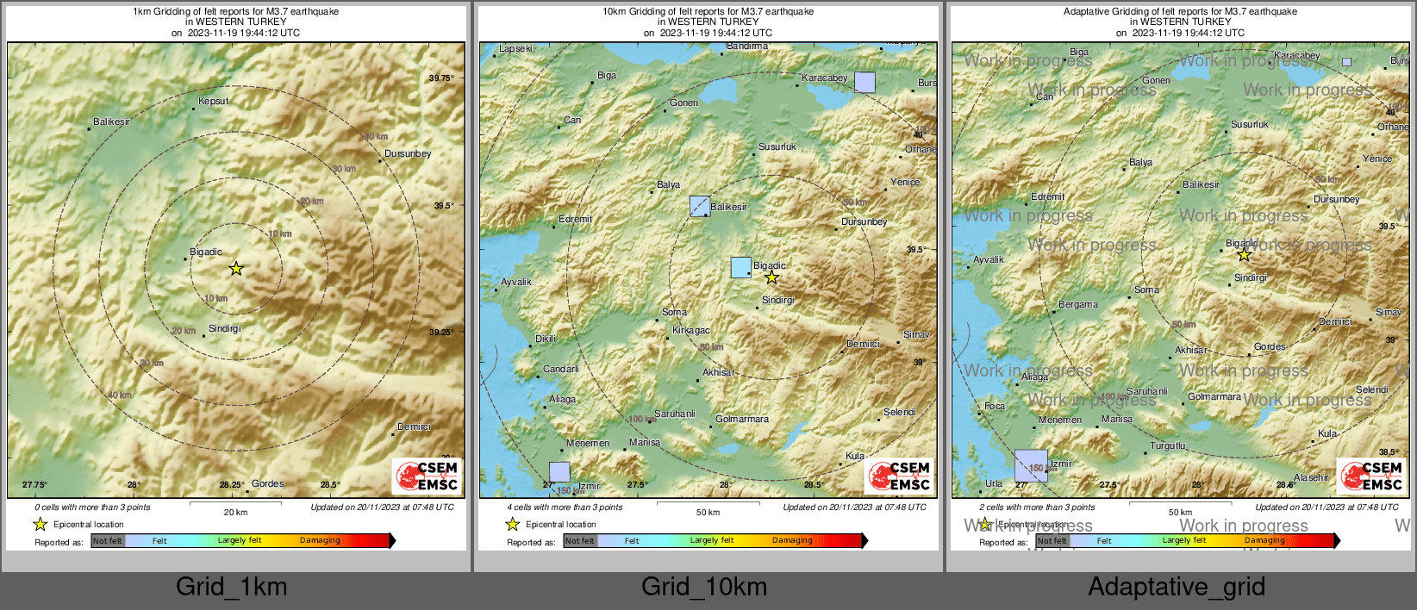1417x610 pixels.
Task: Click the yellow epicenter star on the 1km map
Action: coord(236,269)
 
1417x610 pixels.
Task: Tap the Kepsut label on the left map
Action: coord(213,101)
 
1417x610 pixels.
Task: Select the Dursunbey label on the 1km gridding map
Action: coord(408,153)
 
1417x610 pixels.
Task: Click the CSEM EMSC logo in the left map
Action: coord(428,476)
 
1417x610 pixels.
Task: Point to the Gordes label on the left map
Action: coord(267,483)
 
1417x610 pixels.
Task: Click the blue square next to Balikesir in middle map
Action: coord(700,206)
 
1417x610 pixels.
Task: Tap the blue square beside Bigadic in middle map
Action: coord(740,267)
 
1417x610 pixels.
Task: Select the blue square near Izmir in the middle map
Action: coord(559,472)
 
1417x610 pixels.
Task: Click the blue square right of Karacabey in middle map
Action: coord(865,83)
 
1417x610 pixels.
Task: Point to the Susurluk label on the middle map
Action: coord(777,146)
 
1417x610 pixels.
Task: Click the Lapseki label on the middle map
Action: coord(515,48)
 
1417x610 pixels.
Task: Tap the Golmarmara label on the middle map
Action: coord(742,419)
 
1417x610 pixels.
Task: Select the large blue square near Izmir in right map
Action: coord(1031,465)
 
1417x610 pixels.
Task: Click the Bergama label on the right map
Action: coord(1078,304)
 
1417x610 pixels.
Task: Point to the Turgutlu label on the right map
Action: coord(1168,445)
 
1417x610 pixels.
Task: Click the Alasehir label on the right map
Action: coord(1311,477)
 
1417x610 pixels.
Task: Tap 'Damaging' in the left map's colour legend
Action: coord(320,540)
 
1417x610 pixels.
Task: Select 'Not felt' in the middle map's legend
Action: coord(580,540)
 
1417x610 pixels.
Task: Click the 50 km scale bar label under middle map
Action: coord(708,512)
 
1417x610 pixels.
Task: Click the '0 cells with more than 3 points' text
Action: coord(92,507)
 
